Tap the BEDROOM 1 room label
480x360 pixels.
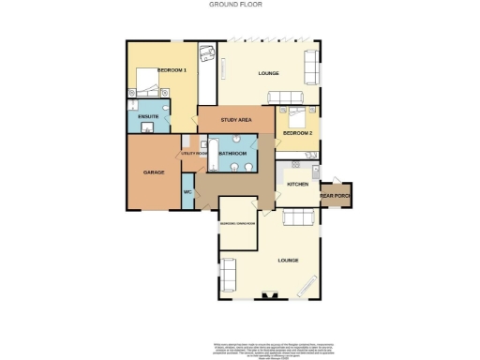coord(172,71)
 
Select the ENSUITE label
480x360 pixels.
coord(147,116)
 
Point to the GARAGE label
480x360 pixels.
coord(154,172)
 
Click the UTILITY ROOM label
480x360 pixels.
coord(193,153)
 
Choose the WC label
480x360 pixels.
coord(187,192)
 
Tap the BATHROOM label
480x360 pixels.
coord(232,153)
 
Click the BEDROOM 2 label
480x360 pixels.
coord(297,134)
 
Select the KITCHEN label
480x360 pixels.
coord(297,185)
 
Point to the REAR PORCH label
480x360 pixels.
coord(334,196)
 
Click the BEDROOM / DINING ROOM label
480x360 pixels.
coord(236,223)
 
